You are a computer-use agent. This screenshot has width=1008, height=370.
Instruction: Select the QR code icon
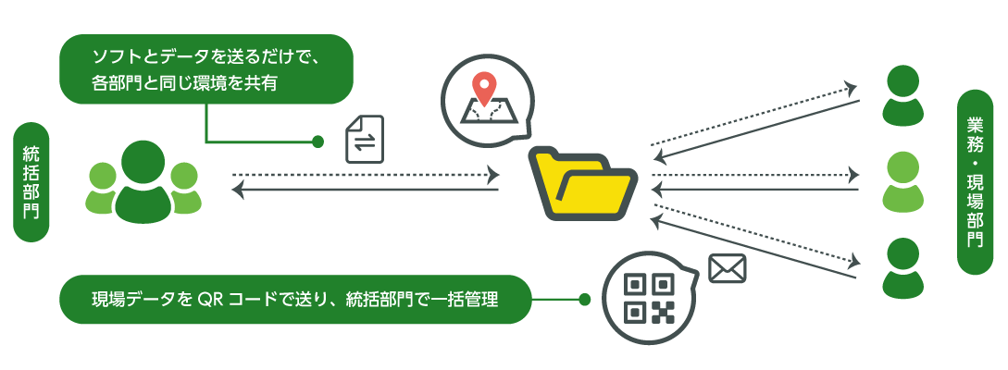click(647, 298)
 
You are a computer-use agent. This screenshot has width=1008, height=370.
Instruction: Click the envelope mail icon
click(727, 268)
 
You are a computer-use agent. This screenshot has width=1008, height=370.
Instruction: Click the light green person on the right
click(900, 182)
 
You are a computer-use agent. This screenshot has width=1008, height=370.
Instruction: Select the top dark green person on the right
click(900, 96)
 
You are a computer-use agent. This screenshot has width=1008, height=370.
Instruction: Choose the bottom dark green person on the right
click(900, 268)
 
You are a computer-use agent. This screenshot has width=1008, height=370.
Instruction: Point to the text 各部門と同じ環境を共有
click(185, 84)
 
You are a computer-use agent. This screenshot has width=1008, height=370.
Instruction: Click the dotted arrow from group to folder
click(366, 174)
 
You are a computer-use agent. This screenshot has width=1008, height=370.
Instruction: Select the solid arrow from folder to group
click(366, 191)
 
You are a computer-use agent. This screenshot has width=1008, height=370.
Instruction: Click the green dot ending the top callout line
click(317, 142)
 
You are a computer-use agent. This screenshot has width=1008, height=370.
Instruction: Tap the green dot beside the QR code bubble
click(584, 300)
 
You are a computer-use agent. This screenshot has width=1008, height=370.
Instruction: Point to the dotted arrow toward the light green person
click(754, 174)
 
